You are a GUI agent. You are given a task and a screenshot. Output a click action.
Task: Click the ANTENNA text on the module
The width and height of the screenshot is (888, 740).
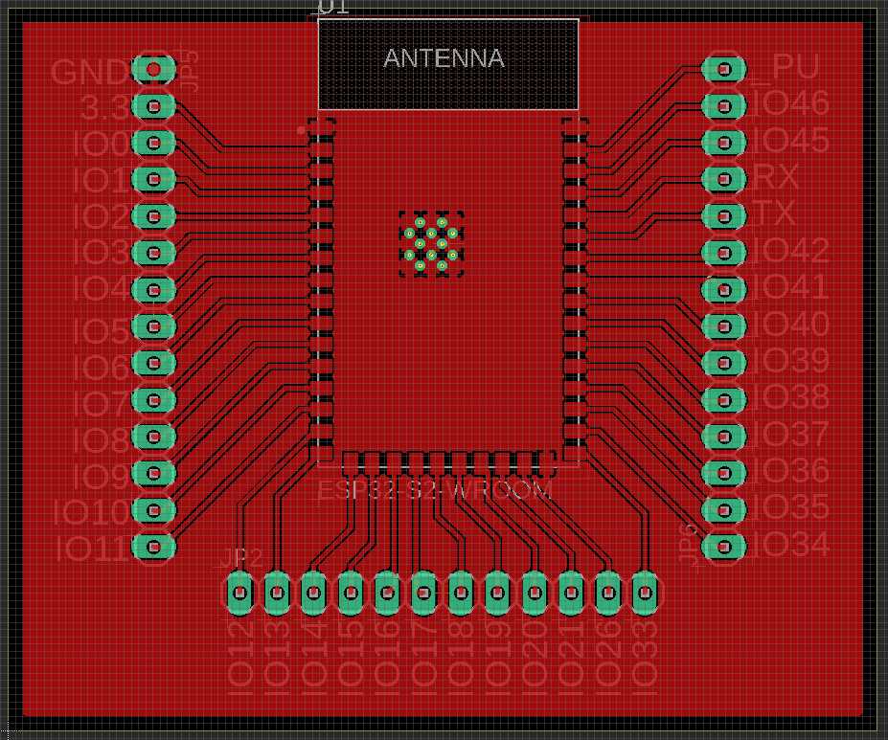444,58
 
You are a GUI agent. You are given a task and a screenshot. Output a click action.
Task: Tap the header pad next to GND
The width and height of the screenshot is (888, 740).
152,69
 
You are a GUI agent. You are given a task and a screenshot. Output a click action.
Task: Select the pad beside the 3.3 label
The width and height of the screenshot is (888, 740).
152,105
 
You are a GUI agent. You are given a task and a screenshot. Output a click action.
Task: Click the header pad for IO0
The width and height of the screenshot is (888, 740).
152,143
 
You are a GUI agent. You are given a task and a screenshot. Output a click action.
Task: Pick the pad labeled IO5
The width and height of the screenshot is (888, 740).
152,326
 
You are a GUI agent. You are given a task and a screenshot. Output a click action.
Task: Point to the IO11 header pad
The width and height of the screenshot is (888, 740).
152,546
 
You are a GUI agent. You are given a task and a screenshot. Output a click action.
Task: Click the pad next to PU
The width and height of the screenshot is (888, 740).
723,69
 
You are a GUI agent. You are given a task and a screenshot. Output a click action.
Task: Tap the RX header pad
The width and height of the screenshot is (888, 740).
723,179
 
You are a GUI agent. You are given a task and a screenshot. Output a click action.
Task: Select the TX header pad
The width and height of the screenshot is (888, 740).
723,215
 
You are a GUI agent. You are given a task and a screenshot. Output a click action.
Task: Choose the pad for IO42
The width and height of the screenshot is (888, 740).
723,253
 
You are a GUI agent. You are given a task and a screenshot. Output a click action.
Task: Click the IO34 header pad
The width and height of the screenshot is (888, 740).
723,546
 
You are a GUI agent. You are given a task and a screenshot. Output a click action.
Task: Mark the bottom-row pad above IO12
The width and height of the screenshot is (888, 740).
239,594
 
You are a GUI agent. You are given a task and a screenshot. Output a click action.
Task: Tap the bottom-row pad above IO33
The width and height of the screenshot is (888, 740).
644,594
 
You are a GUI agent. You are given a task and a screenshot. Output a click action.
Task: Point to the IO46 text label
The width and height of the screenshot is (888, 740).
791,103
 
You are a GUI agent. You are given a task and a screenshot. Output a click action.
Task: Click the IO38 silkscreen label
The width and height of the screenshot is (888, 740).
791,396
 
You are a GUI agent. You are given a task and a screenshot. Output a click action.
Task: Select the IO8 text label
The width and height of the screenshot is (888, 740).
105,440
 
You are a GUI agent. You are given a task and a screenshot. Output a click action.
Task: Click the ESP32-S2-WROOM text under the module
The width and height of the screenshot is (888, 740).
436,491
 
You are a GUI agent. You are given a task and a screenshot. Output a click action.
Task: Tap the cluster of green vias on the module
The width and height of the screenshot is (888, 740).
431,244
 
